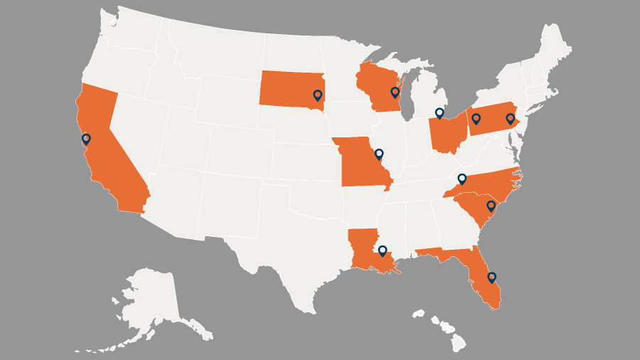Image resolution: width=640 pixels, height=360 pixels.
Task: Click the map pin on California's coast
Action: [x=86, y=139]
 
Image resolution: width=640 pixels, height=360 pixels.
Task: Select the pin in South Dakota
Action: [x=318, y=95]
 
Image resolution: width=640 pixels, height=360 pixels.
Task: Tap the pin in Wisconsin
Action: [x=395, y=92]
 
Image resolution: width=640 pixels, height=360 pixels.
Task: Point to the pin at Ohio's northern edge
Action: [x=439, y=112]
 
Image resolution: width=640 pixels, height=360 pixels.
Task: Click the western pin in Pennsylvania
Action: [x=476, y=118]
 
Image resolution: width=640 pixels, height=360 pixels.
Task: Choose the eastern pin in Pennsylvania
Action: [x=510, y=118]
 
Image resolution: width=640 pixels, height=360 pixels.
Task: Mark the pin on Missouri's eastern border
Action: [x=379, y=153]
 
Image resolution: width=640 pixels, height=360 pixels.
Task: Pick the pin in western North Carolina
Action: [x=462, y=178]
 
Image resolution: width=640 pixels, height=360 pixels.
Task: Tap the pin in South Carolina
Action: [x=490, y=206]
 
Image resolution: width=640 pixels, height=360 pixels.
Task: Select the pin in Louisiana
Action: [x=383, y=250]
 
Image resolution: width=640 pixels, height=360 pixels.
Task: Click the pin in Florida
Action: [x=491, y=276]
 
